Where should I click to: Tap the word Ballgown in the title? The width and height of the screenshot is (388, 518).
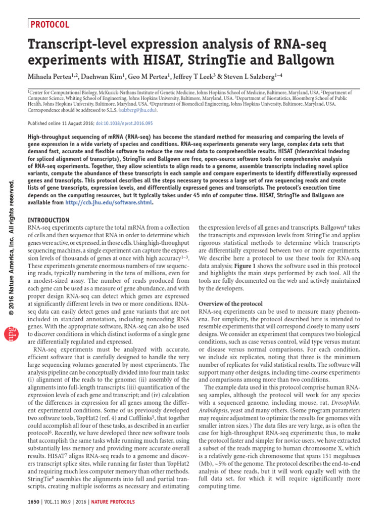tap(304, 61)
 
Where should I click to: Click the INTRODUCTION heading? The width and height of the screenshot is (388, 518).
tap(48, 220)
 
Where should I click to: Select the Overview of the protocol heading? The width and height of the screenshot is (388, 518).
tap(231, 304)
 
